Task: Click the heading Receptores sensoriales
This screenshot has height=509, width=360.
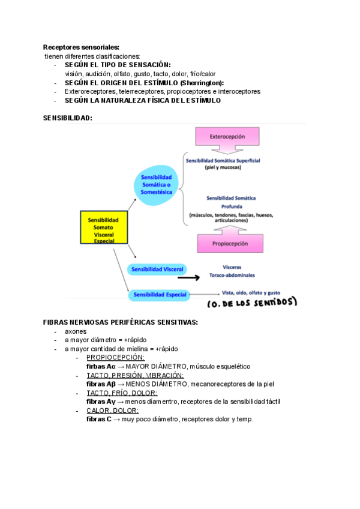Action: click(x=81, y=47)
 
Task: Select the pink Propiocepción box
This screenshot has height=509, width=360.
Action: click(x=230, y=244)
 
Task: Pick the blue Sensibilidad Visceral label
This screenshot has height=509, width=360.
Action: click(x=157, y=269)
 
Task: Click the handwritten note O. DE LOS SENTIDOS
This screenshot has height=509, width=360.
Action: click(x=251, y=303)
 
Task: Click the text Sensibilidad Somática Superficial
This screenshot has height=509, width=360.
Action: click(x=227, y=161)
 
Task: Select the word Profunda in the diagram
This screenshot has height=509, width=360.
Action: click(x=230, y=206)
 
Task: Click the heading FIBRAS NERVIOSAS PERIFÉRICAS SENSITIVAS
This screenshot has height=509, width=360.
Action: click(x=121, y=322)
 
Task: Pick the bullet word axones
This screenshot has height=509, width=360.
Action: click(x=76, y=331)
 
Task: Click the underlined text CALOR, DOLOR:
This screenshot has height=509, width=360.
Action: click(x=112, y=411)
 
